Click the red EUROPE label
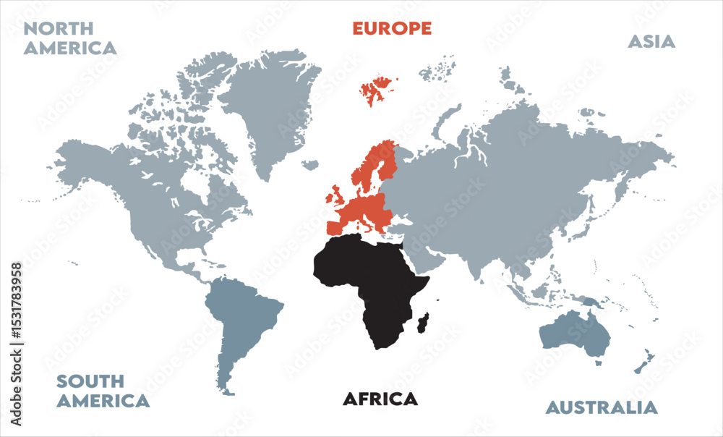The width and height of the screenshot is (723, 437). pos(392,28)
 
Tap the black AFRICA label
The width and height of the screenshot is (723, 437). pos(380,399)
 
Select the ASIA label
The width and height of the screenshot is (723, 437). pos(651,41)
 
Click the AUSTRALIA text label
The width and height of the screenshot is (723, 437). pos(602,407)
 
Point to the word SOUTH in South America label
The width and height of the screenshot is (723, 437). pos(90,381)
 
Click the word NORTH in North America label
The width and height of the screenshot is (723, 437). pos(59,29)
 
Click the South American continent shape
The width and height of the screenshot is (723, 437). pos(242,318)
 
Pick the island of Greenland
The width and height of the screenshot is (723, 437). pos(268,109)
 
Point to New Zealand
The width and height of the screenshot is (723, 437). pos(643,362)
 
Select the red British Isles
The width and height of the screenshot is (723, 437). pos(337,195)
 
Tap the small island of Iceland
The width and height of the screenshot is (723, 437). pos(310,165)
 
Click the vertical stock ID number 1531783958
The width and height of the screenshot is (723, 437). pos(15,344)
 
